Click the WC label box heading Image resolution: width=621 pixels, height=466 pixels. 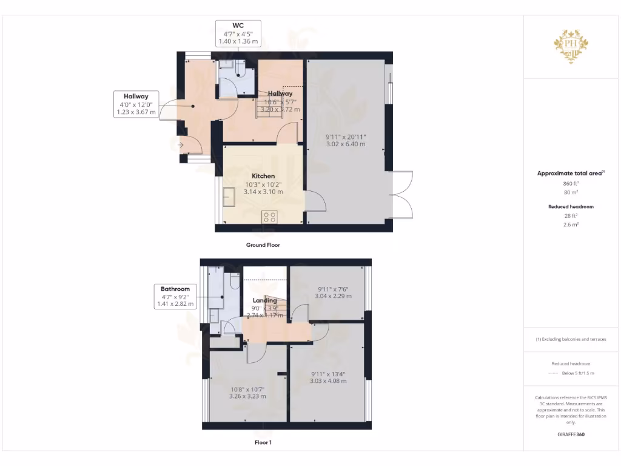click(x=238, y=25)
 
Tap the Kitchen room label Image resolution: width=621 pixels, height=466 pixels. click(x=263, y=176)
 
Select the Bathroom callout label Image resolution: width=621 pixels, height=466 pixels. click(x=175, y=289)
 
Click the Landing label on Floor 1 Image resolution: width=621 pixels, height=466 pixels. click(x=264, y=300)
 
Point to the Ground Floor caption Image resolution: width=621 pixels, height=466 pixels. click(x=263, y=245)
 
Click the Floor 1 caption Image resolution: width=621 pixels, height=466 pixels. click(x=263, y=442)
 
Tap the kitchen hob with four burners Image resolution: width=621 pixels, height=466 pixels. click(x=270, y=217)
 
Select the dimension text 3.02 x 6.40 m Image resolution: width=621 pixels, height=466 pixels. click(x=346, y=144)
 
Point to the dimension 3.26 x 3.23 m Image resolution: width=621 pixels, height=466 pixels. click(x=247, y=396)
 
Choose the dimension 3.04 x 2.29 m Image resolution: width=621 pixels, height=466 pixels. click(x=334, y=296)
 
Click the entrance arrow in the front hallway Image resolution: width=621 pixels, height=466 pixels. click(x=180, y=145)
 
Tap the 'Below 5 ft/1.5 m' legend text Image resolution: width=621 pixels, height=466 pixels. click(x=578, y=373)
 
